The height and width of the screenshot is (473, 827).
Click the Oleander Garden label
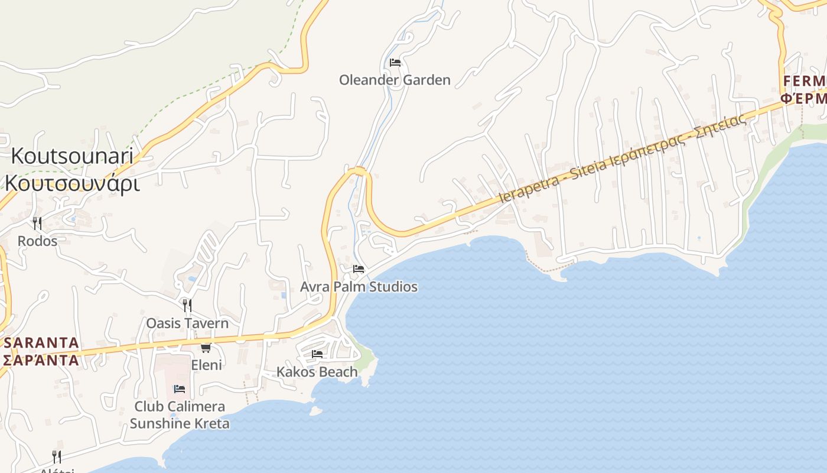395,80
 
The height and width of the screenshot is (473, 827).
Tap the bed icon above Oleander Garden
395,62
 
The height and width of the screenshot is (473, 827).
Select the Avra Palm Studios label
359,287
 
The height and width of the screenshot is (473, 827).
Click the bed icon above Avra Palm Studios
359,269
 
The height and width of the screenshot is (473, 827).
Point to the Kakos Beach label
317,372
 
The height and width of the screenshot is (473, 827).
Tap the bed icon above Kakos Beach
317,354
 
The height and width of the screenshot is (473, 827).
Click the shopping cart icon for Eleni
206,348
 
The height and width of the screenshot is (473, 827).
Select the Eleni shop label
206,365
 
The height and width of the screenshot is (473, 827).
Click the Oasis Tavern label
187,323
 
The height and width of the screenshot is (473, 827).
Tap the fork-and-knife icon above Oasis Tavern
187,305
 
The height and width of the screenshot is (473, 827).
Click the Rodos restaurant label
37,241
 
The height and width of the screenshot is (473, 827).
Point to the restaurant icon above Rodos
37,223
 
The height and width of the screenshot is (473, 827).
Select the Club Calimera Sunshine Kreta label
180,415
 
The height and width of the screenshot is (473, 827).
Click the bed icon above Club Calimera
180,388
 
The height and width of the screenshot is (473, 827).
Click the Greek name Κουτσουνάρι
72,183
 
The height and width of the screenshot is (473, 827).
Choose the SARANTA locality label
41,343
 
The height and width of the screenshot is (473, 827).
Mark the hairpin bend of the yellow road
359,171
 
